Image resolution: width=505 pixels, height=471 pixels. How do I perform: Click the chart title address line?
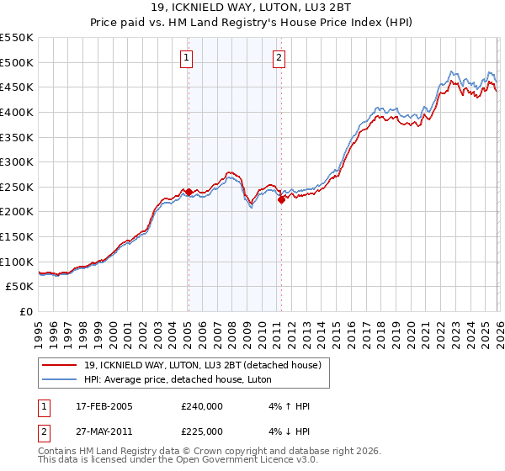coord(253,6)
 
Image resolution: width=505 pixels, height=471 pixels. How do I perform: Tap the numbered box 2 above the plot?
coord(279,58)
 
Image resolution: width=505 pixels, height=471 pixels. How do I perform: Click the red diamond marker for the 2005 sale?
coord(189,192)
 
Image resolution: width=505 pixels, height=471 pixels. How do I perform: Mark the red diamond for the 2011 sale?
coord(281,199)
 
